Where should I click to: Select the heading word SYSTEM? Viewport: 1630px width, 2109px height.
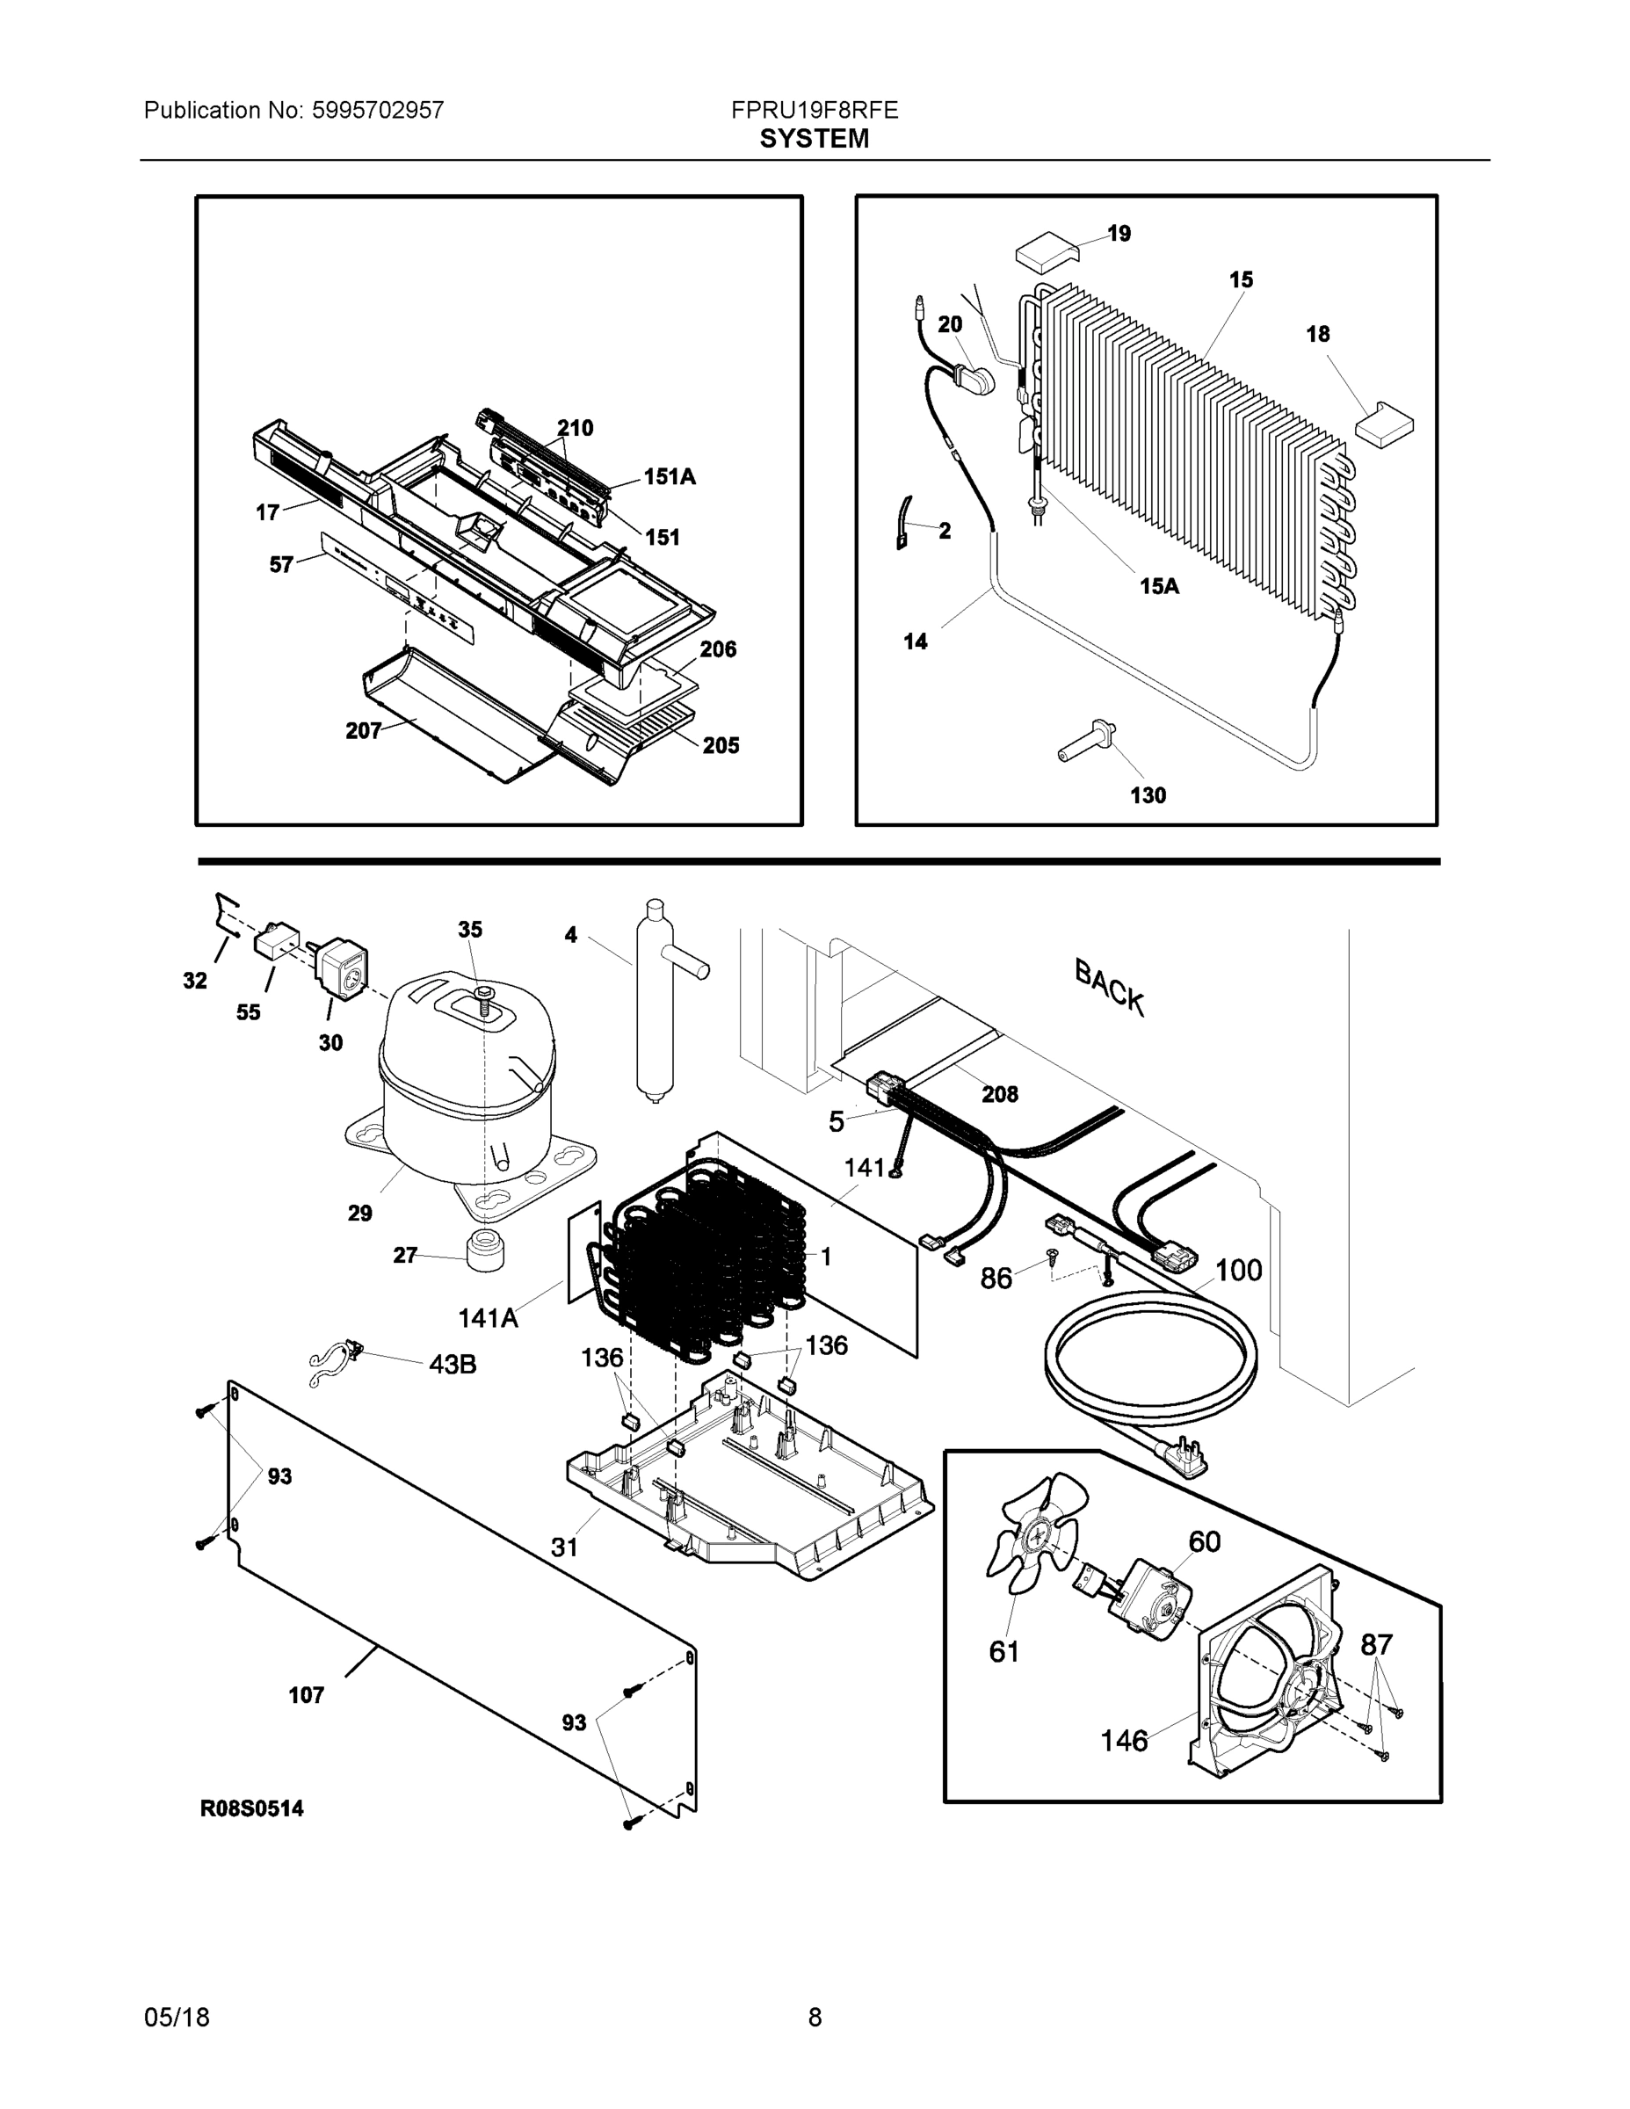tap(814, 139)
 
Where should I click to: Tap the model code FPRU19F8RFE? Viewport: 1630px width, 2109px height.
tap(814, 110)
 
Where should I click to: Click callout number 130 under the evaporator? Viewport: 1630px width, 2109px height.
tap(1148, 795)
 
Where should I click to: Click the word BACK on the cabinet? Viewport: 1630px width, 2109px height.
tap(1111, 987)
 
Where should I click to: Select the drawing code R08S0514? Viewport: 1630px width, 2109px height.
tap(252, 1808)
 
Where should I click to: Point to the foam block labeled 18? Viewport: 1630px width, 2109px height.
tap(1384, 422)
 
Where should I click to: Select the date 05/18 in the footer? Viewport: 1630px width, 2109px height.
tap(177, 2018)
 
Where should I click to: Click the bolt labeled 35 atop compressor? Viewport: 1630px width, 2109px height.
tap(482, 996)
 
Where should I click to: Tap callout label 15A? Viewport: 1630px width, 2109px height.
tap(1159, 586)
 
